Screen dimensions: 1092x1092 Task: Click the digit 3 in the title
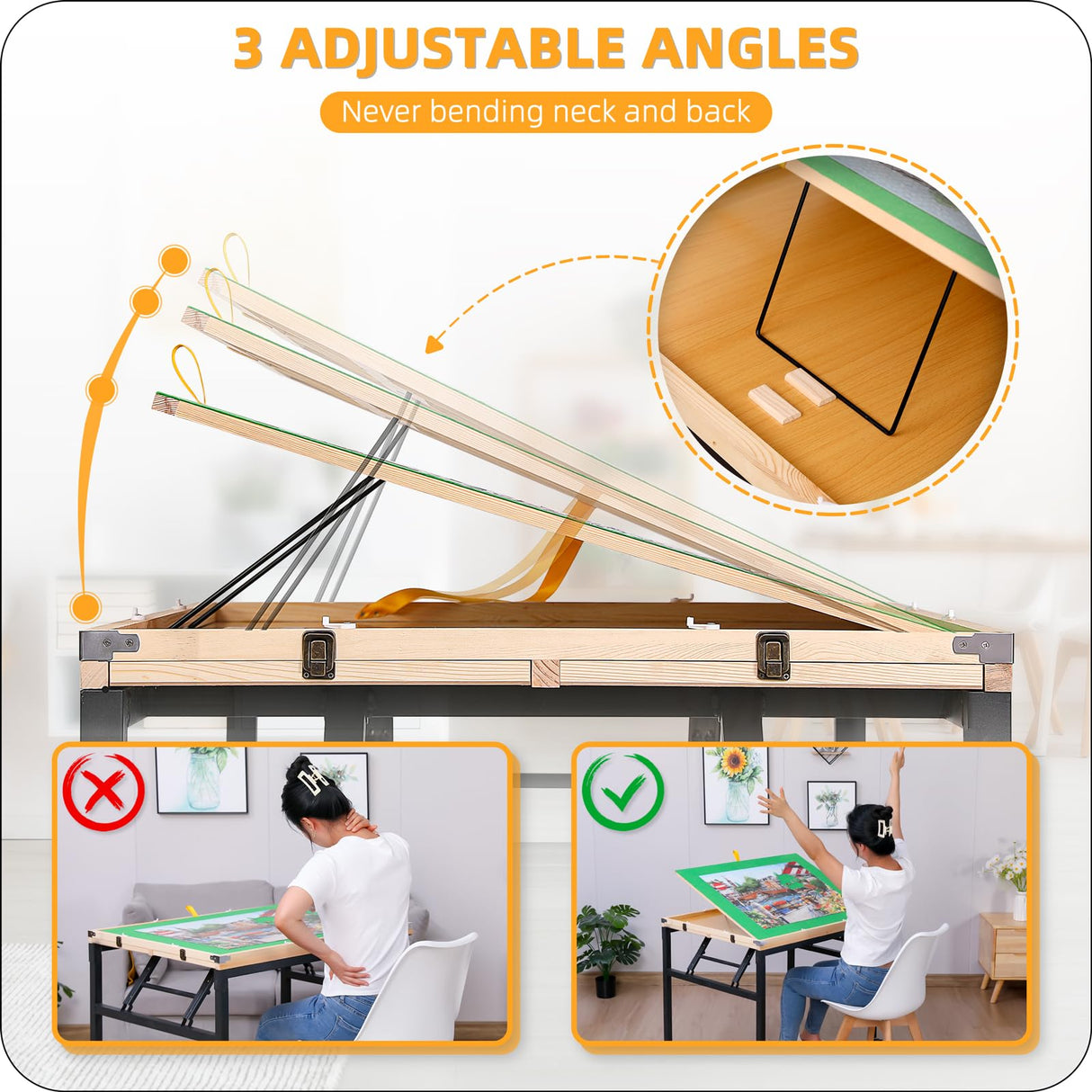(x=248, y=49)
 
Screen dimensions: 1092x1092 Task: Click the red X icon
(x=103, y=792)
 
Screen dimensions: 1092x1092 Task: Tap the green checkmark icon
(x=622, y=792)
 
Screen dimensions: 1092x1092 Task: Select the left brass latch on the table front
(x=318, y=654)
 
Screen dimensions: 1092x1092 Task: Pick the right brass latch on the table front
(x=773, y=654)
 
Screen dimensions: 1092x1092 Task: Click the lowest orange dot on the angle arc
(x=85, y=607)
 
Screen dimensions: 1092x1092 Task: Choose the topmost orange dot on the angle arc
(x=174, y=261)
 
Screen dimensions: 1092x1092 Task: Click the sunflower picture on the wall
(x=735, y=784)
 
